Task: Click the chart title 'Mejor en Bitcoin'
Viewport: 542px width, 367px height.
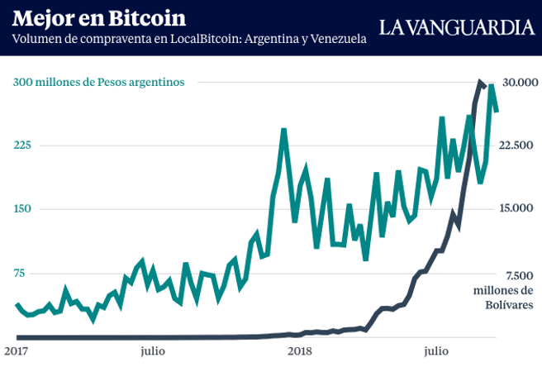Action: tap(99, 18)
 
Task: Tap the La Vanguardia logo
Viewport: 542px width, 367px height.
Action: tap(456, 27)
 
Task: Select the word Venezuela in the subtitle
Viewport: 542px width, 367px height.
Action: tap(335, 40)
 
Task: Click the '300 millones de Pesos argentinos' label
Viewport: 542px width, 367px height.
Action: tap(98, 81)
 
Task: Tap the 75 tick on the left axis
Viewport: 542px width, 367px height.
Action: tap(19, 273)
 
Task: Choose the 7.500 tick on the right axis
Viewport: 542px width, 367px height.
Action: tap(517, 274)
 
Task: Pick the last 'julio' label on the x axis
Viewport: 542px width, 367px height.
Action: tap(440, 350)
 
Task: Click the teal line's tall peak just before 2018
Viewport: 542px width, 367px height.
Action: tap(283, 130)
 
